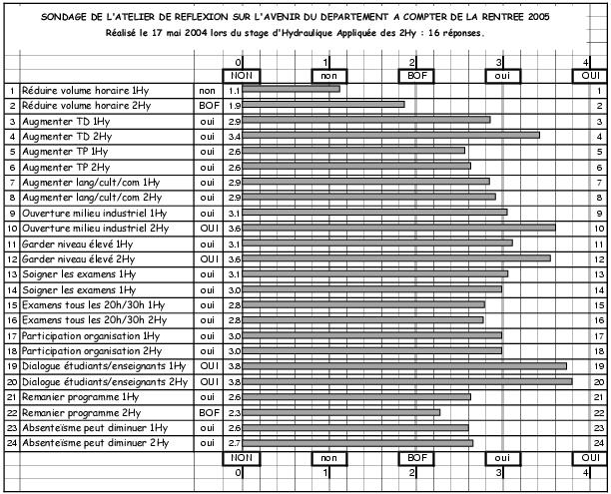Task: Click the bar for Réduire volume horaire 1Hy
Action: pos(290,89)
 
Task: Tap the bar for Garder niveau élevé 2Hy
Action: pos(394,258)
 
